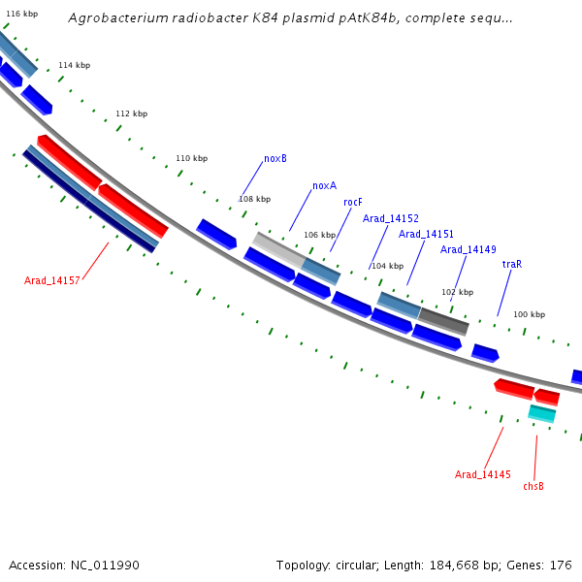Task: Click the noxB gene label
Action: point(275,158)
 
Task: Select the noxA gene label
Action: point(324,185)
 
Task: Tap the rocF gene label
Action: point(353,202)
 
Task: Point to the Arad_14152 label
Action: point(391,218)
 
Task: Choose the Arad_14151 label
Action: point(427,234)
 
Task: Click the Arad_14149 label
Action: point(469,249)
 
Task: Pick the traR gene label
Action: point(512,264)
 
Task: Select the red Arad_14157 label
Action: point(52,280)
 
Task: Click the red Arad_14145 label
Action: point(483,474)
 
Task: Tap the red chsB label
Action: point(533,486)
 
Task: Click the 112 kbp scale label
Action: point(132,113)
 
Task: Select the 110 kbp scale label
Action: point(191,158)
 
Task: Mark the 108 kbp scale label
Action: point(254,199)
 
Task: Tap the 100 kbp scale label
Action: point(529,314)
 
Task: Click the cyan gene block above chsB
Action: point(541,414)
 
